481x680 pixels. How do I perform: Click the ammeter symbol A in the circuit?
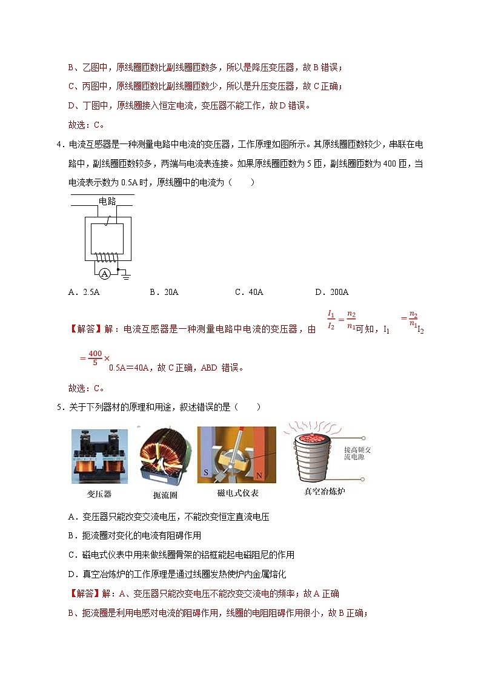pyautogui.click(x=104, y=274)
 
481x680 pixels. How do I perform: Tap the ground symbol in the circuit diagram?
pyautogui.click(x=126, y=276)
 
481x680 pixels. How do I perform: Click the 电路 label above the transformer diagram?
pyautogui.click(x=107, y=201)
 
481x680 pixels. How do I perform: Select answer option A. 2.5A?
pyautogui.click(x=84, y=292)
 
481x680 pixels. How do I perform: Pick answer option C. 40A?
pyautogui.click(x=249, y=292)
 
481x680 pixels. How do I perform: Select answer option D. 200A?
pyautogui.click(x=332, y=292)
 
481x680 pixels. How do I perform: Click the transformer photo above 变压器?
pyautogui.click(x=99, y=456)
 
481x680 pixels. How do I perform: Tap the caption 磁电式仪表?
pyautogui.click(x=237, y=493)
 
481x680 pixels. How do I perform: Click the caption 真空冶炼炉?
pyautogui.click(x=324, y=491)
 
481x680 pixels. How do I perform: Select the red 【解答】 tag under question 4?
pyautogui.click(x=86, y=329)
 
